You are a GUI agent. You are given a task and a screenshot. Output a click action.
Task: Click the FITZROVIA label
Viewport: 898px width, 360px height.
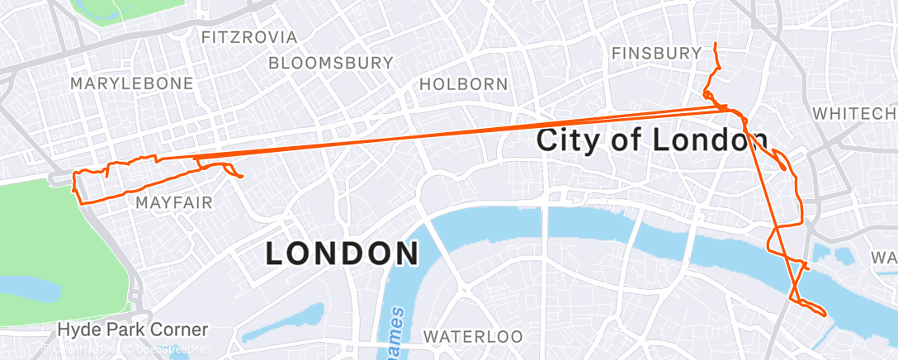(x=248, y=37)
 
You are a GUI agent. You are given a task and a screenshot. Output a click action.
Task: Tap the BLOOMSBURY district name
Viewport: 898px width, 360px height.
(x=330, y=63)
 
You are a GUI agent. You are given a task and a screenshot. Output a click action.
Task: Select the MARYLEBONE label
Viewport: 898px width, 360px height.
(x=131, y=83)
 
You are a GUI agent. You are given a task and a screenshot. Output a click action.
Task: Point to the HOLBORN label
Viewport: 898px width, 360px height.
(x=463, y=83)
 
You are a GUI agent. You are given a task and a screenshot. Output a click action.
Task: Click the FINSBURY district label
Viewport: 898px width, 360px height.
(x=656, y=54)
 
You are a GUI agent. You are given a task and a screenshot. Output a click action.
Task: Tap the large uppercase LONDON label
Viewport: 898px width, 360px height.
(x=342, y=253)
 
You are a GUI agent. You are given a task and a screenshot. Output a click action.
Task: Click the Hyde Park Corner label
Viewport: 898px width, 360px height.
(x=132, y=329)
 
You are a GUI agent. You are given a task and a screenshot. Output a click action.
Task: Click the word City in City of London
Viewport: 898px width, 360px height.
(x=569, y=140)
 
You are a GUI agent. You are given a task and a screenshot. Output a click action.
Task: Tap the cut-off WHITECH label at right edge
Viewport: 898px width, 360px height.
(x=855, y=113)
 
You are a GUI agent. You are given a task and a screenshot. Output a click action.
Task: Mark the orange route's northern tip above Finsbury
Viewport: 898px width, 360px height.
(x=715, y=43)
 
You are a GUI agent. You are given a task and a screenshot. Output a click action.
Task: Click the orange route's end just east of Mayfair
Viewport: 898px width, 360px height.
(x=241, y=177)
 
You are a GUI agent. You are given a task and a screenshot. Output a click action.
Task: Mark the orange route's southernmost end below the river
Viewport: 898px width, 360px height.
(x=825, y=313)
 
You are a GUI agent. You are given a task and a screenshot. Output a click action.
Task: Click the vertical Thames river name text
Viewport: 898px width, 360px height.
(x=396, y=330)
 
